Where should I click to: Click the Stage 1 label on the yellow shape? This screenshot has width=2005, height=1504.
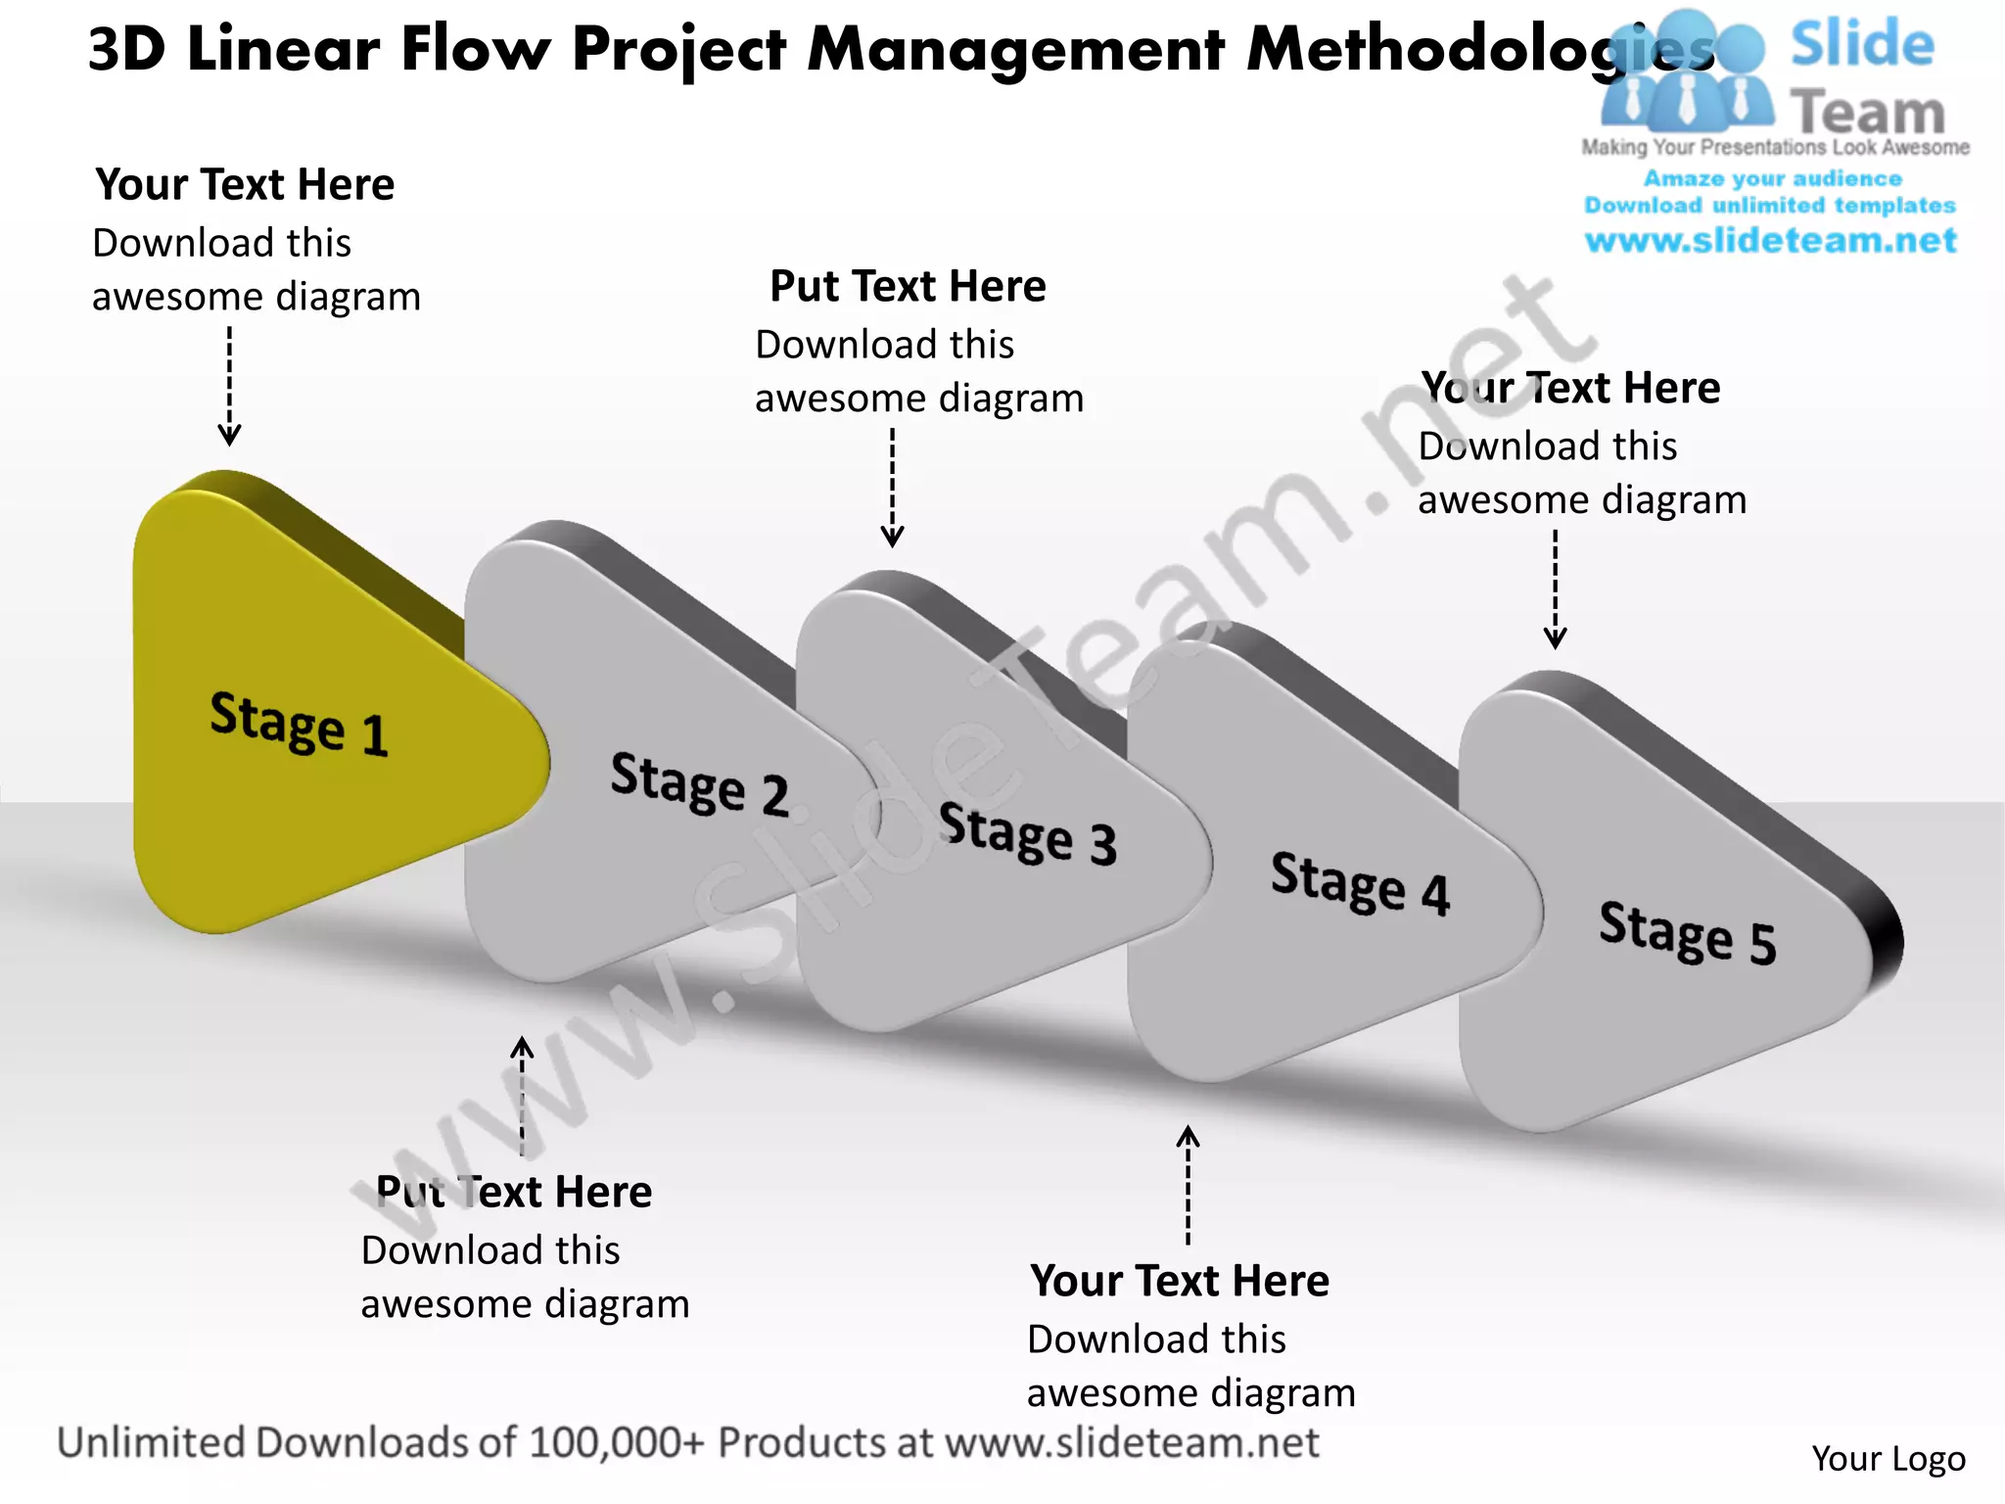tap(299, 724)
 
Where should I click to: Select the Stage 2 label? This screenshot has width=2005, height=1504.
tap(699, 783)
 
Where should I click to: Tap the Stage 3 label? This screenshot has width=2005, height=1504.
tap(1027, 833)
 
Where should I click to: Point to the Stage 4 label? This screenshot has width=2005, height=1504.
tap(1359, 883)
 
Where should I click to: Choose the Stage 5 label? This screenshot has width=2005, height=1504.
tap(1687, 932)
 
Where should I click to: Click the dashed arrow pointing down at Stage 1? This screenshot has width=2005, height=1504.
tap(229, 386)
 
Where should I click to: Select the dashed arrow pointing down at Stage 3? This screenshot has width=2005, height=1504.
tap(892, 487)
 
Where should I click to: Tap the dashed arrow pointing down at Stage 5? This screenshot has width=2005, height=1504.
tap(1555, 588)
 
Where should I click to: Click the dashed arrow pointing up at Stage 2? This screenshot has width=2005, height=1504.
tap(522, 1096)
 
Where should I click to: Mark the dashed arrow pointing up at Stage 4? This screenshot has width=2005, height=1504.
tap(1188, 1185)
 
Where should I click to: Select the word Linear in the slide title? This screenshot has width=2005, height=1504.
tap(283, 49)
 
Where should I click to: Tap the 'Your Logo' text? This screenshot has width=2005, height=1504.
tap(1888, 1459)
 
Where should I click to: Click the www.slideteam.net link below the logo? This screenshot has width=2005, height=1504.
tap(1770, 241)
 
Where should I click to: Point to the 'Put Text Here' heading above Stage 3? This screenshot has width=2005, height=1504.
tap(908, 287)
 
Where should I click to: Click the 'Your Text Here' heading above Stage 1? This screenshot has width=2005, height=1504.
tap(245, 185)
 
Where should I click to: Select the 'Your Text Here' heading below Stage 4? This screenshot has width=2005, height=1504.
tap(1180, 1281)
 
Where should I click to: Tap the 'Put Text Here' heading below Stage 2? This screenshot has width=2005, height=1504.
tap(514, 1192)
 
